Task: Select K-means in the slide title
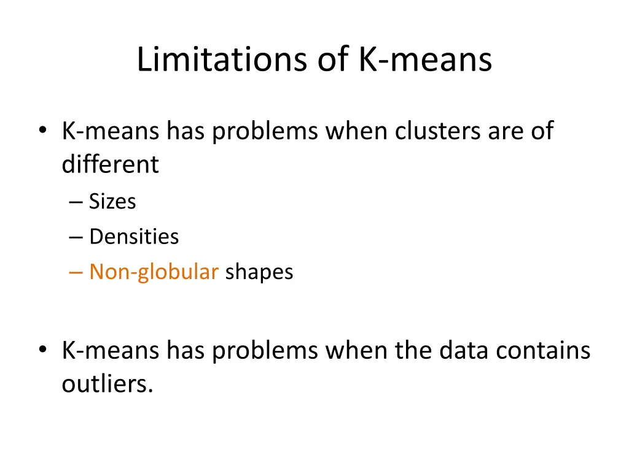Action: (424, 60)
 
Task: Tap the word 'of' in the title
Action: (332, 60)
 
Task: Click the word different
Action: (110, 164)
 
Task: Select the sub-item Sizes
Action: (112, 201)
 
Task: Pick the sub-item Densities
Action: (134, 237)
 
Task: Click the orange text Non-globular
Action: (154, 272)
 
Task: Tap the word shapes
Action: (259, 272)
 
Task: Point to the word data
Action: (465, 351)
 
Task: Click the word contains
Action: (543, 351)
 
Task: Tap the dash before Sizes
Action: (76, 202)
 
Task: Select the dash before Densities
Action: (76, 237)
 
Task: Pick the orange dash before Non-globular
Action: (76, 272)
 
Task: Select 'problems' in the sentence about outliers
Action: (265, 351)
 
